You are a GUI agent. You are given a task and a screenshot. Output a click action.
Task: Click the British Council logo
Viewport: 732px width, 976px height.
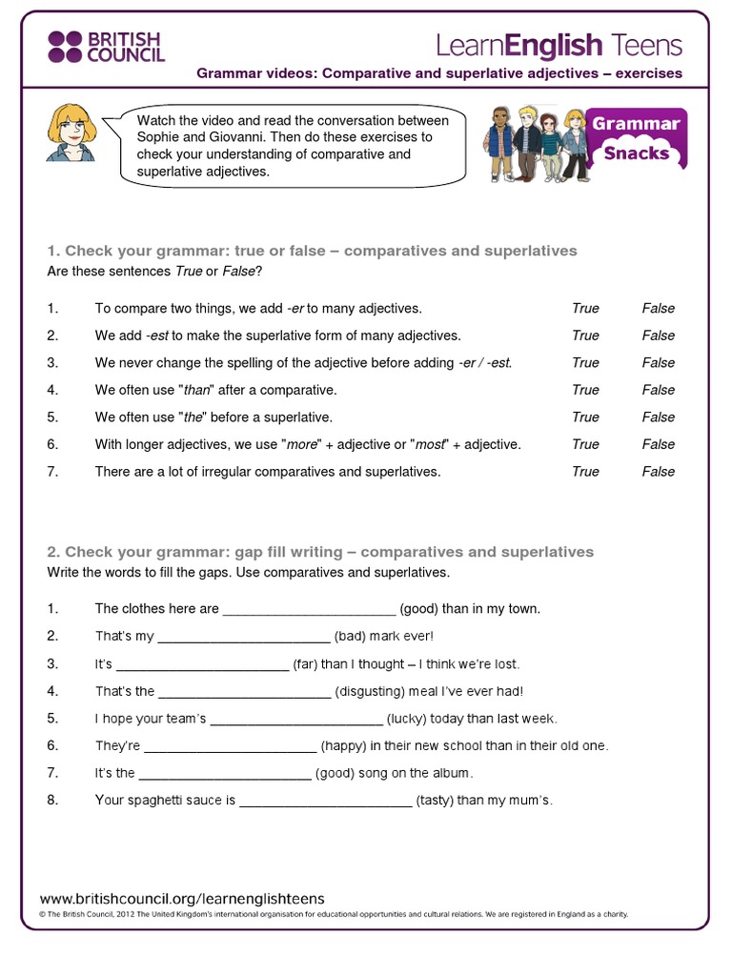106,46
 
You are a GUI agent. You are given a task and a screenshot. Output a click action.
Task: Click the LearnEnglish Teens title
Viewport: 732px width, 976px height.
559,45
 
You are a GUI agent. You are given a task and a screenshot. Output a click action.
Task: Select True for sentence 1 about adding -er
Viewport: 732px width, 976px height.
585,309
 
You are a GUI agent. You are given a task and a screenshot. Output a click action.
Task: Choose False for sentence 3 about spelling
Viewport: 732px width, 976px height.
658,363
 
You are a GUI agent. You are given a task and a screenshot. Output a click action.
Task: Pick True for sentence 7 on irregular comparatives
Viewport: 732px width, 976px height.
585,472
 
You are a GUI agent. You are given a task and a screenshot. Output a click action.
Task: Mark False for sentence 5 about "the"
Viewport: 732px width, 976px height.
658,417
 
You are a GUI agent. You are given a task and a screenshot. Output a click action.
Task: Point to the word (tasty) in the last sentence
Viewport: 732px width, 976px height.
435,801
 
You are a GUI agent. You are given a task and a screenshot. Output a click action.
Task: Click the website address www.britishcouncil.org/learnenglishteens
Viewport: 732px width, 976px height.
182,899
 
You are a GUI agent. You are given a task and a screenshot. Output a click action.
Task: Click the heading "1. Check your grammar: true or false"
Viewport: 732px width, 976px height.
312,252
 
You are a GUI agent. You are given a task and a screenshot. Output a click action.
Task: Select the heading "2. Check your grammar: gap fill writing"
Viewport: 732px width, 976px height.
320,553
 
